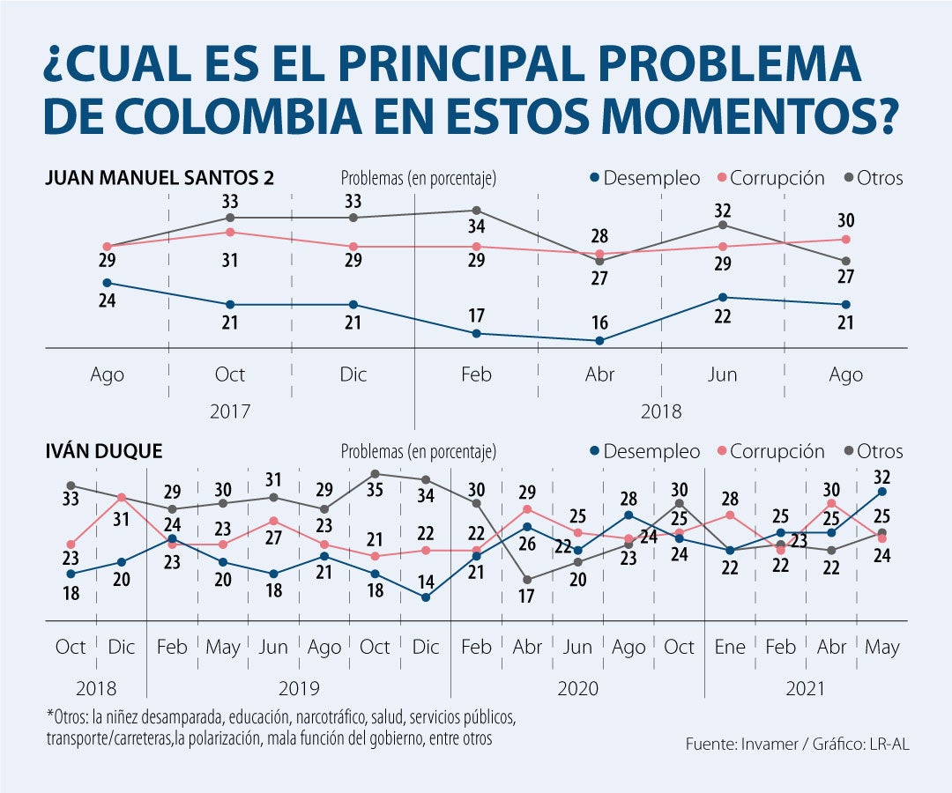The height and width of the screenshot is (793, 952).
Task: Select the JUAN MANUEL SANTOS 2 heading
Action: coord(160,178)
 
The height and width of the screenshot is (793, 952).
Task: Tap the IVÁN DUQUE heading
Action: coord(104,451)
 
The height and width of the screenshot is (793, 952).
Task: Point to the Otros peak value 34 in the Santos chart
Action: coord(476,227)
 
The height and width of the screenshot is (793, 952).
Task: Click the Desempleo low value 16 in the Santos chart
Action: coord(599,321)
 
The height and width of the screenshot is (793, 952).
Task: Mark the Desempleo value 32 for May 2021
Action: coord(882,478)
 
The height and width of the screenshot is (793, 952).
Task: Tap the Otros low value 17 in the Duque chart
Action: coord(527,596)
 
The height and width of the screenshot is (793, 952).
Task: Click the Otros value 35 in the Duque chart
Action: coord(375,490)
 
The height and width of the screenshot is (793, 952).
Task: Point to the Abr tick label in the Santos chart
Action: coord(599,374)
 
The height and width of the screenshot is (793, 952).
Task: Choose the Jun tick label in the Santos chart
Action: coord(723,374)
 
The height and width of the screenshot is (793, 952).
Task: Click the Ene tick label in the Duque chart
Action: coord(730,648)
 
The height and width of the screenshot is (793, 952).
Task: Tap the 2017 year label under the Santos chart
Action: coord(230,411)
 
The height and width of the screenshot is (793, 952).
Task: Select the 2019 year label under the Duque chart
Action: coord(299,688)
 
